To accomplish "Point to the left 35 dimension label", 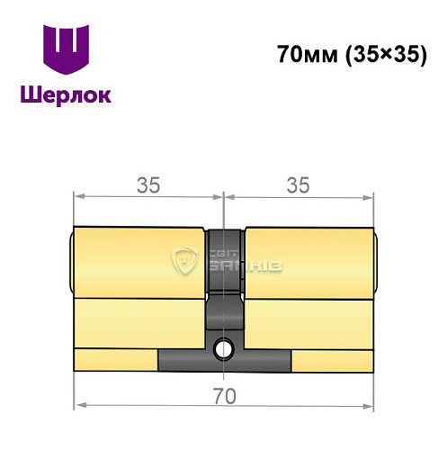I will coord(148,184).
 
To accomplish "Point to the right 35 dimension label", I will coord(298,184).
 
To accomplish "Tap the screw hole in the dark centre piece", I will coord(223,345).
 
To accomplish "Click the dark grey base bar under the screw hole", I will coord(224,361).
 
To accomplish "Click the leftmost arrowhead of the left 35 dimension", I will coord(77,195).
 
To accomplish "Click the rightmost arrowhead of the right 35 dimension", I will coord(371,195).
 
